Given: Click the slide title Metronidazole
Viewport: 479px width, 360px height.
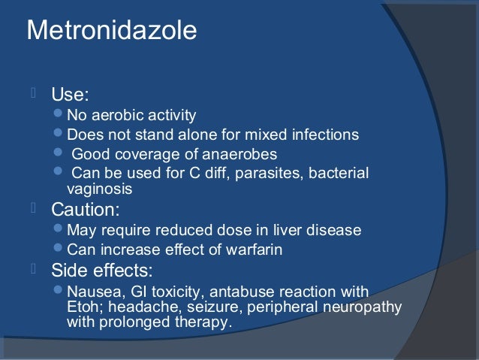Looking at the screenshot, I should click(x=112, y=31).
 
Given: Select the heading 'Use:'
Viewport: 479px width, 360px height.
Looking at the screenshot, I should click(x=70, y=95).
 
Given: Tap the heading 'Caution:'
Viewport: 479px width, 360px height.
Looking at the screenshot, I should click(x=85, y=209).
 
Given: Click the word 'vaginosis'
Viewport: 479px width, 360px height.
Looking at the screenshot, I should click(x=99, y=189).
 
